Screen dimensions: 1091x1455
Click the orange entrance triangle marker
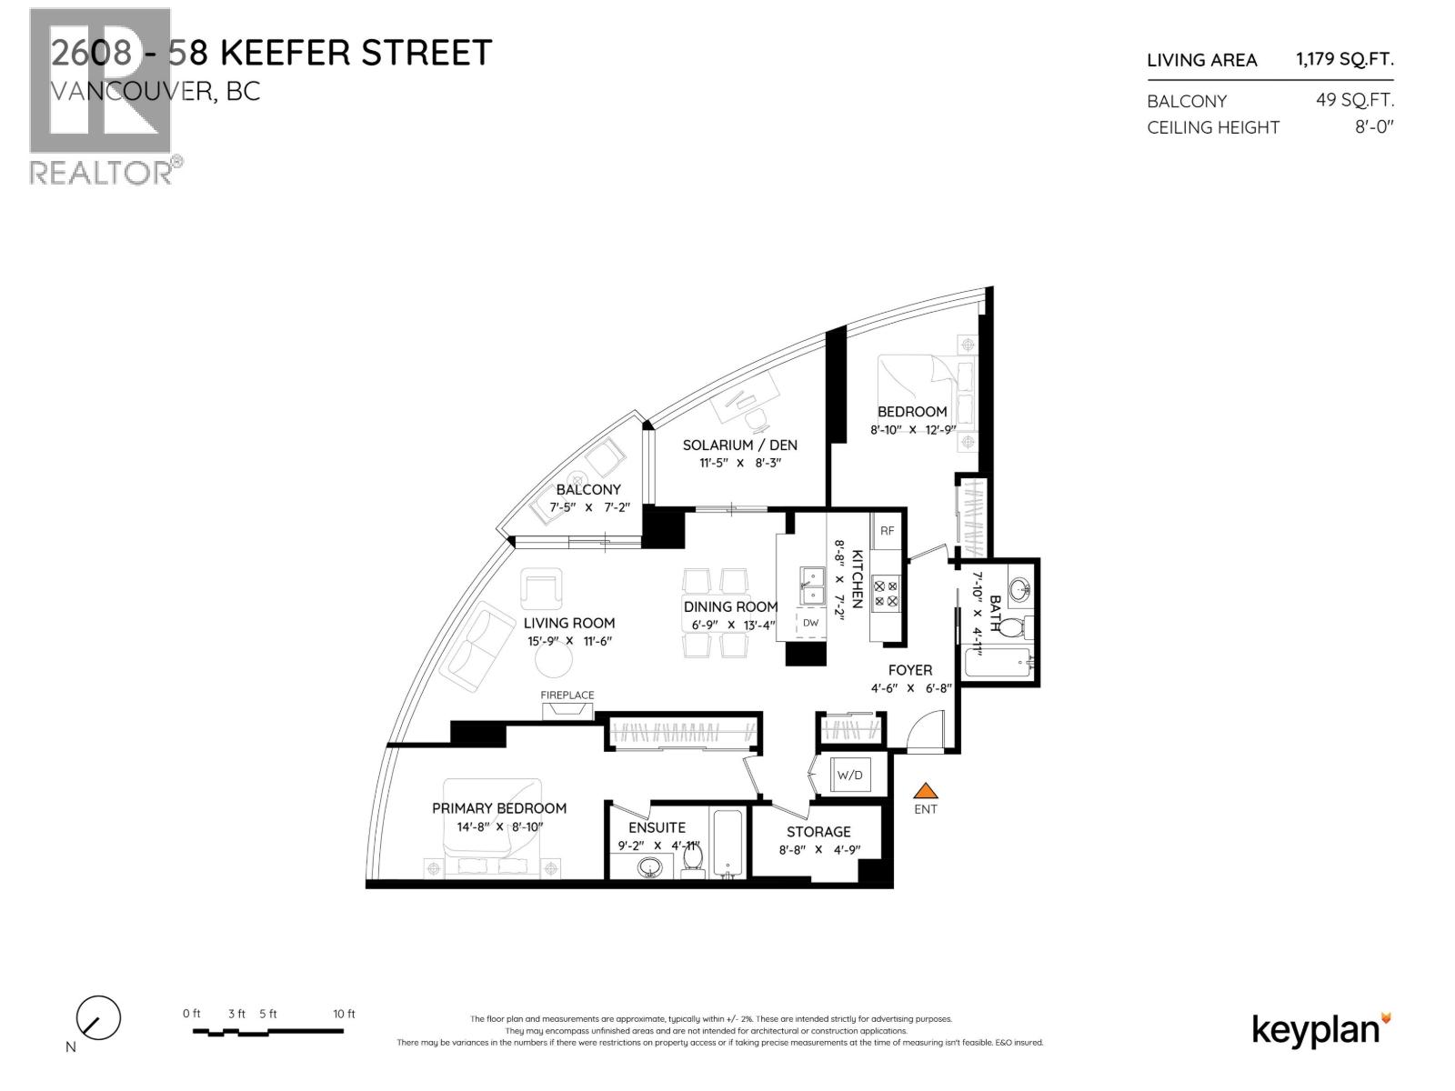[x=925, y=791]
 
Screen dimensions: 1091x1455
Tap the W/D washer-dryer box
[x=849, y=776]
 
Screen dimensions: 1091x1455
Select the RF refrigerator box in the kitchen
[x=887, y=531]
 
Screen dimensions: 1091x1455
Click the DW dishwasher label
[x=810, y=623]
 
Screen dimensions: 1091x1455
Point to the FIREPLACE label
[x=567, y=696]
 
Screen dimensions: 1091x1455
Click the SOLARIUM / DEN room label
[x=739, y=445]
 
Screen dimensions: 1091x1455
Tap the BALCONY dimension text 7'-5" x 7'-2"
[x=588, y=507]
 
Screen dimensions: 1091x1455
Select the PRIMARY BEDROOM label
[x=498, y=808]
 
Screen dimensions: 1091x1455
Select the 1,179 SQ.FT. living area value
[x=1344, y=60]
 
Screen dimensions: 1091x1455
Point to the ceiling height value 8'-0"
[x=1374, y=127]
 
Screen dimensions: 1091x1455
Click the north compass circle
[x=98, y=1018]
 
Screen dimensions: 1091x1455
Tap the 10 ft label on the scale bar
[x=344, y=1014]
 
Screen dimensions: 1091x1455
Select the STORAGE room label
[x=818, y=832]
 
